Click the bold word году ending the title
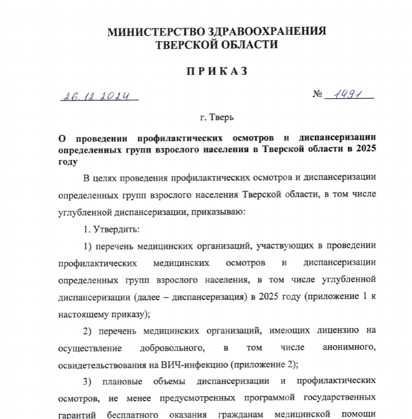coord(67,162)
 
